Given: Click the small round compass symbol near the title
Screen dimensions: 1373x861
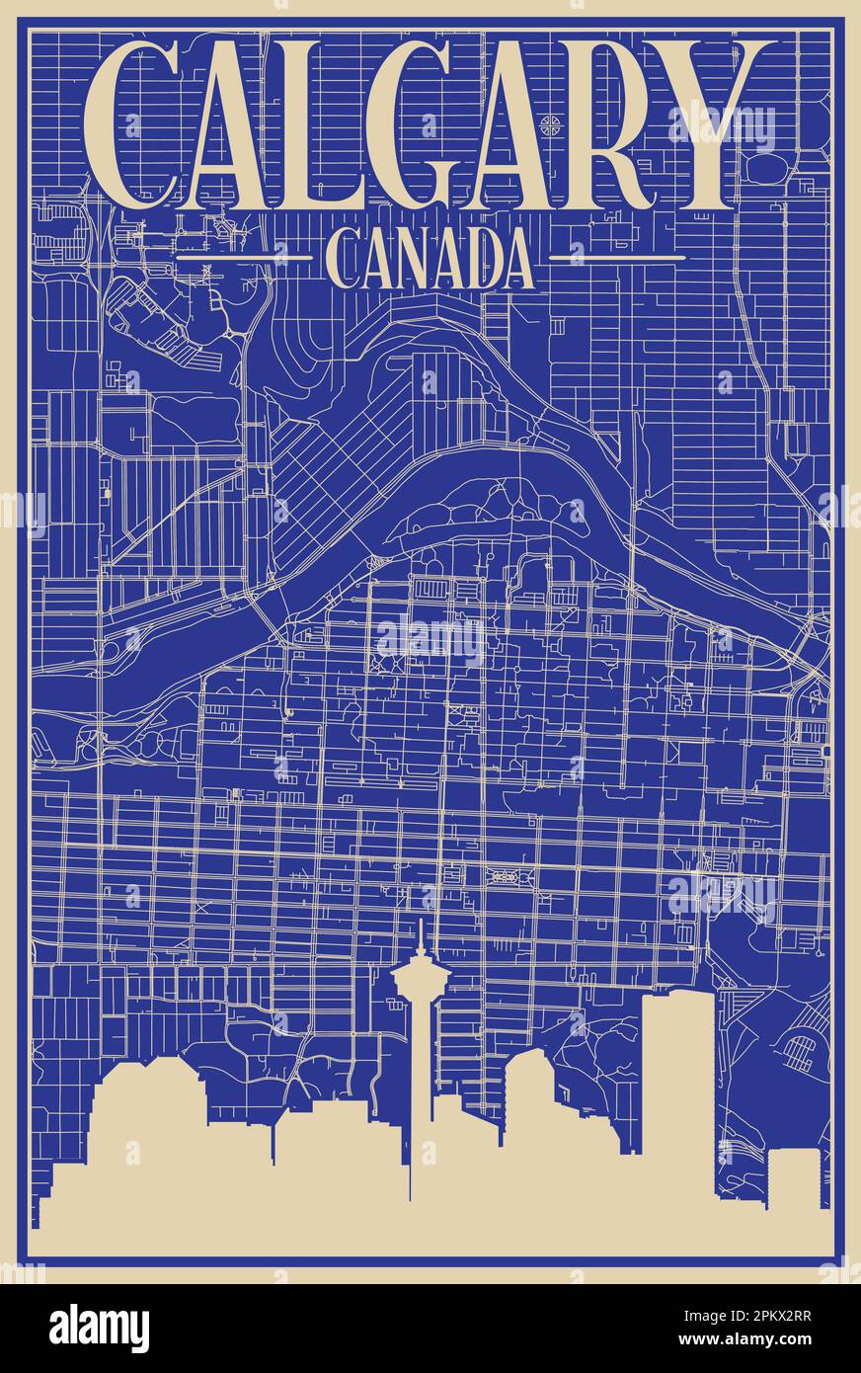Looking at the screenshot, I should click(x=551, y=123).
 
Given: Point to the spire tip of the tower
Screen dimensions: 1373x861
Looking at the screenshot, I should click(x=422, y=925).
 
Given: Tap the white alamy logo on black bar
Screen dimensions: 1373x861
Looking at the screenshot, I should click(x=99, y=1329).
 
